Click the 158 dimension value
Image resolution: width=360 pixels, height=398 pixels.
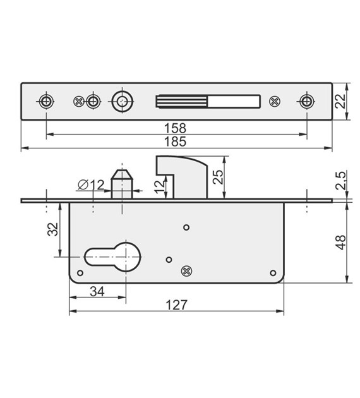(x=177, y=128)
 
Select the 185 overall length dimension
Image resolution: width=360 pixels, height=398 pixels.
(x=177, y=142)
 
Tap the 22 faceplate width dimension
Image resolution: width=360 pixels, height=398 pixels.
(x=342, y=100)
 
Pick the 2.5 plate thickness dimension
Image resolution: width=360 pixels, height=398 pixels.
(x=342, y=181)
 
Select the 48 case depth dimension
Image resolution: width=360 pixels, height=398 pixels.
(x=342, y=242)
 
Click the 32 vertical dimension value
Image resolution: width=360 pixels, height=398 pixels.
(x=53, y=229)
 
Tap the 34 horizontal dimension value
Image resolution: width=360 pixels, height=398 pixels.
(x=97, y=291)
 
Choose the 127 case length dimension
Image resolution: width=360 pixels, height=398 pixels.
(x=177, y=305)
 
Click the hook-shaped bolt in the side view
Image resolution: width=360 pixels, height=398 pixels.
(x=183, y=174)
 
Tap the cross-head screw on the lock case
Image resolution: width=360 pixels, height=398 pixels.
(x=186, y=270)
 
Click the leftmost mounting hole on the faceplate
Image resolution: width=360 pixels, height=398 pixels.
(x=46, y=101)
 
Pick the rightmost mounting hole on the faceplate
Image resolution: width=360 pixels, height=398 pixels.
(x=307, y=101)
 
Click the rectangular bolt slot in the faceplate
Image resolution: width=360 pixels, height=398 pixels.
(x=207, y=101)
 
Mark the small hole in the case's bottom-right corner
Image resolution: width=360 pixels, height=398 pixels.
(x=273, y=273)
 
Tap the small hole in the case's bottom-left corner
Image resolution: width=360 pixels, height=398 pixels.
(x=80, y=273)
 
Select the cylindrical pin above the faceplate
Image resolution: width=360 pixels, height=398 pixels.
(x=121, y=184)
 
